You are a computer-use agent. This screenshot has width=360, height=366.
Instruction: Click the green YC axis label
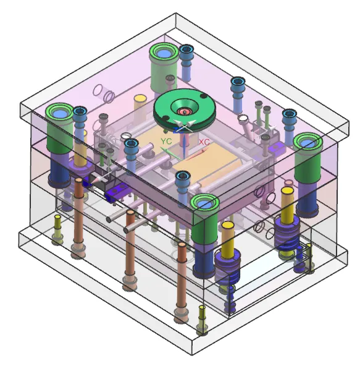[x=166, y=141]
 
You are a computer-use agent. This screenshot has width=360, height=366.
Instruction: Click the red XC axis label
[x=204, y=142]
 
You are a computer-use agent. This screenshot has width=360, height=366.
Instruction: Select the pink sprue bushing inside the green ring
[x=185, y=111]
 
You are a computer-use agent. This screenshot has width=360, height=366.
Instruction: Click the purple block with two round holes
[x=117, y=192]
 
